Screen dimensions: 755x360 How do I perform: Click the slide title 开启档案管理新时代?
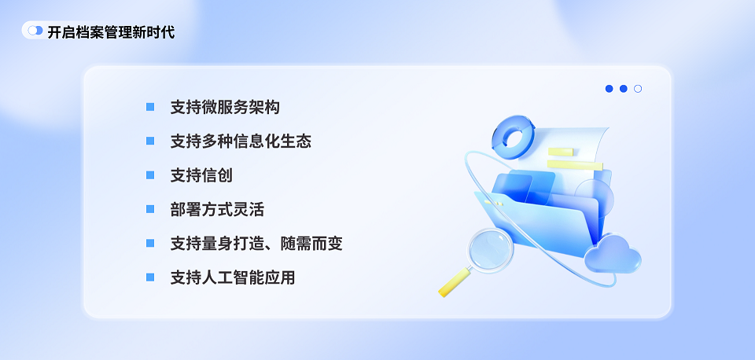pyautogui.click(x=111, y=32)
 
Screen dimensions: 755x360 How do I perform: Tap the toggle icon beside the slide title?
pyautogui.click(x=35, y=31)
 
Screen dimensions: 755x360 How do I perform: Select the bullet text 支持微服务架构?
pyautogui.click(x=225, y=108)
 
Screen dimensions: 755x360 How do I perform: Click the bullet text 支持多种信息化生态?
pyautogui.click(x=241, y=141)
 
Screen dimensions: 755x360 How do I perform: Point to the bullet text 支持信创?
pyautogui.click(x=201, y=175)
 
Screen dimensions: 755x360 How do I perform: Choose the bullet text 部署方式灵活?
pyautogui.click(x=217, y=210)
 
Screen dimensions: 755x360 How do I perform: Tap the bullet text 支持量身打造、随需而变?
pyautogui.click(x=256, y=244)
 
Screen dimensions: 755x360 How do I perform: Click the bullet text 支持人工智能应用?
pyautogui.click(x=233, y=277)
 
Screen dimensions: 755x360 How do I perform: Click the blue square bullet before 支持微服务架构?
pyautogui.click(x=150, y=107)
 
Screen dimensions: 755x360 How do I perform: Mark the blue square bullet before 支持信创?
pyautogui.click(x=150, y=175)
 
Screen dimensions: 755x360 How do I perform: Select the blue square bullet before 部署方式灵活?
pyautogui.click(x=150, y=209)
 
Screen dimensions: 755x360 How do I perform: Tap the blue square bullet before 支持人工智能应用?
pyautogui.click(x=150, y=277)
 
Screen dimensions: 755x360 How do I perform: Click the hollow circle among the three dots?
pyautogui.click(x=638, y=89)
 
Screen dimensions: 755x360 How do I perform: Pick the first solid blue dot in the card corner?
pyautogui.click(x=609, y=89)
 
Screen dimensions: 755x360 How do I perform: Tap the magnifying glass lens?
pyautogui.click(x=491, y=250)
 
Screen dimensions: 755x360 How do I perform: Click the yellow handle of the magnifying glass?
pyautogui.click(x=455, y=282)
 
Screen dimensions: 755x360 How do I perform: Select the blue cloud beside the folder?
pyautogui.click(x=613, y=255)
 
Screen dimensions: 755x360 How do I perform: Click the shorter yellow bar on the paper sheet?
pyautogui.click(x=560, y=152)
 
